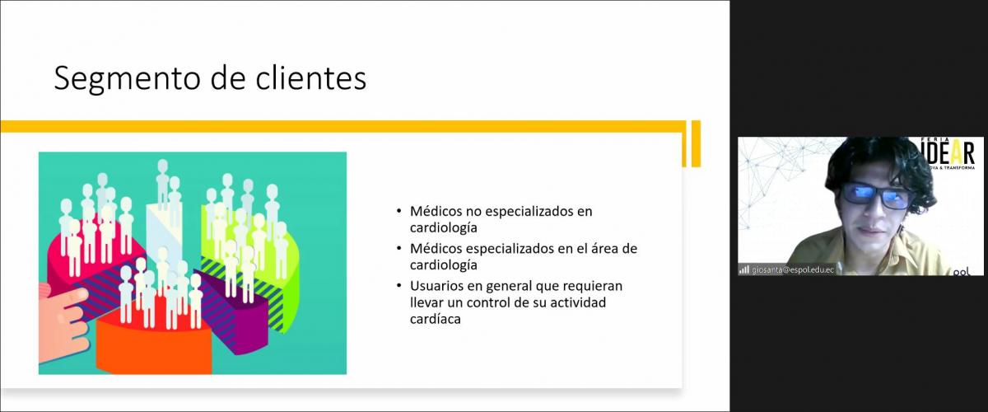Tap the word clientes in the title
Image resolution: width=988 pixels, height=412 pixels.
(311, 78)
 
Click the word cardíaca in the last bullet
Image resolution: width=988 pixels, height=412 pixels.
(436, 319)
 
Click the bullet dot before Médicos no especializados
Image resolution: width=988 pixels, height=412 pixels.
(399, 212)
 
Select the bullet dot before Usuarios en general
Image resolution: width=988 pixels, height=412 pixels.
(399, 286)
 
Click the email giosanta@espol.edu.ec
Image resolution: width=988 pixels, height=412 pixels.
(793, 269)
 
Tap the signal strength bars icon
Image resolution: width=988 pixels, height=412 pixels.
(744, 269)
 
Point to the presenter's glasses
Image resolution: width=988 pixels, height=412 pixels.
(875, 197)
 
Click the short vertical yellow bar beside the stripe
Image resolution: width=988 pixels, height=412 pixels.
(696, 143)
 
